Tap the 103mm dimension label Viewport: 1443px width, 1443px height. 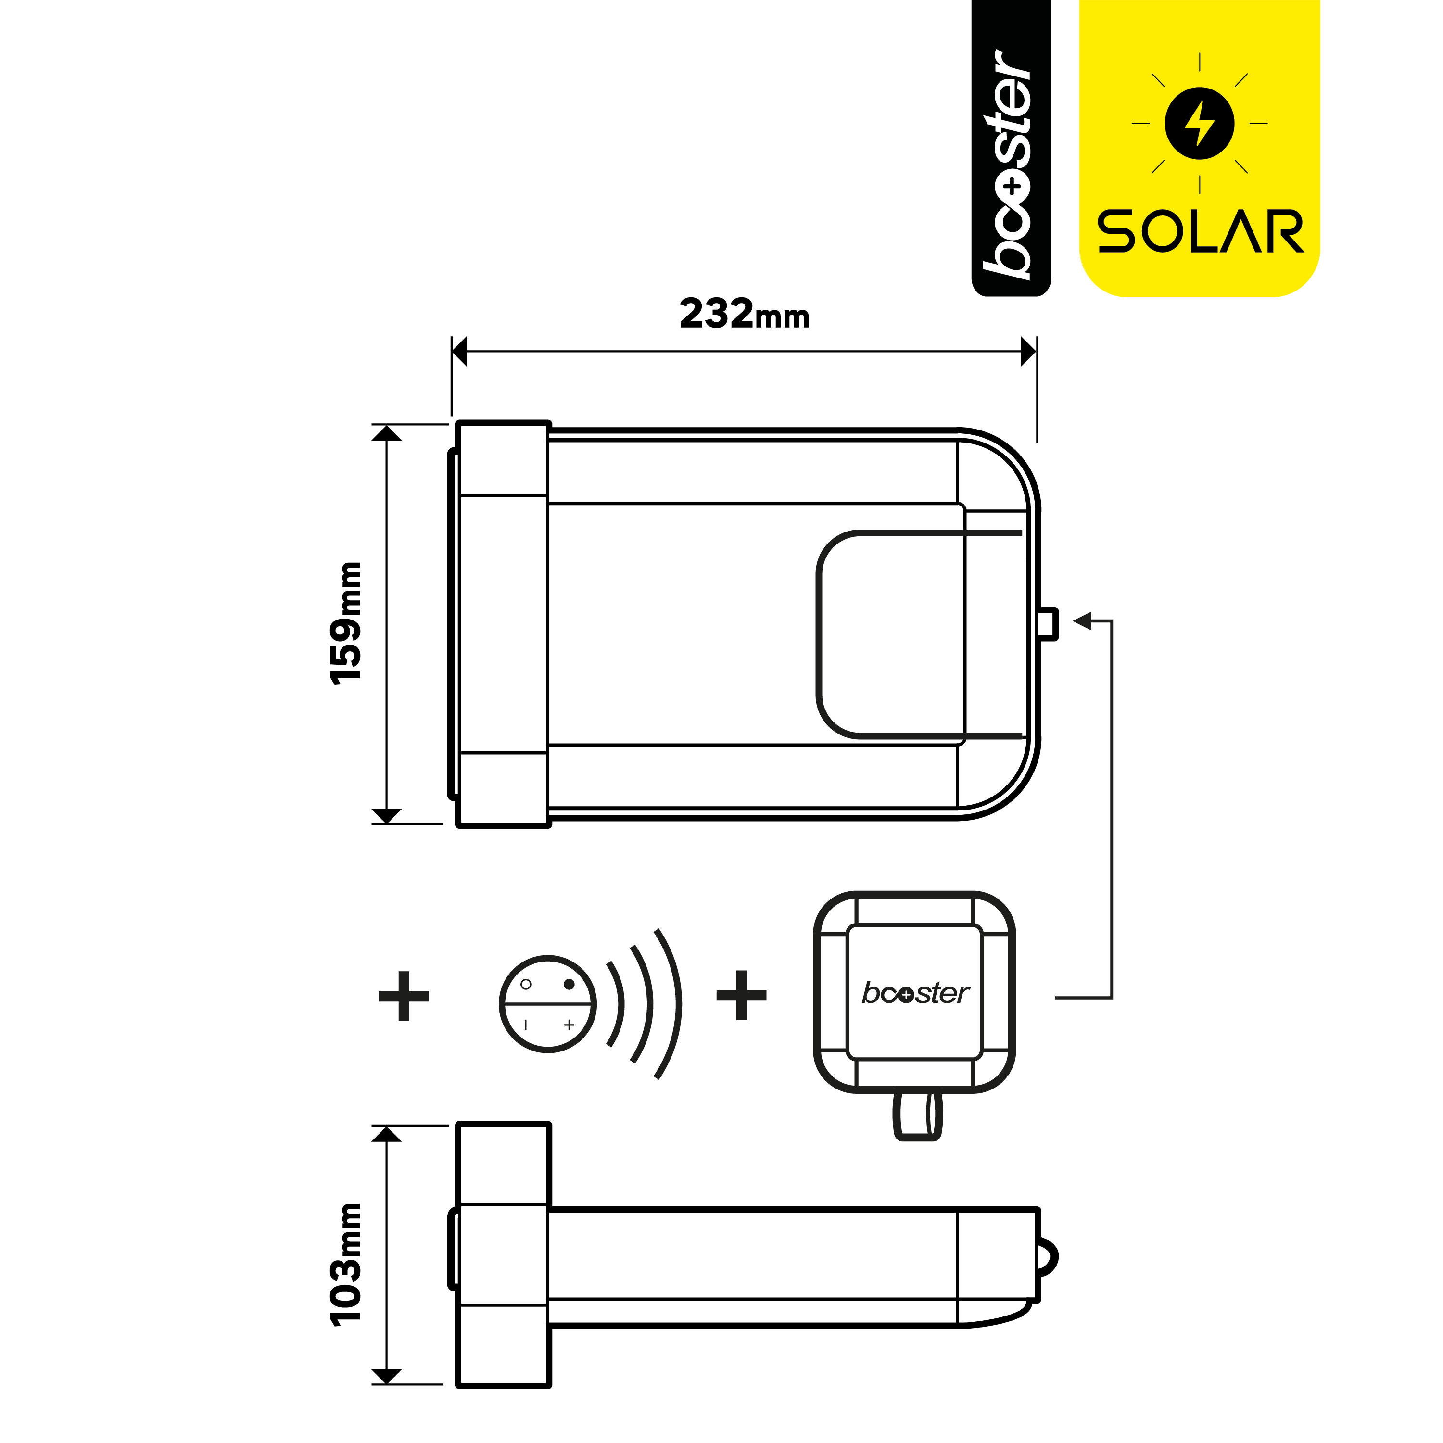coord(346,1265)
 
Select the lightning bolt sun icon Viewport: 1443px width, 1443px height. coord(1200,123)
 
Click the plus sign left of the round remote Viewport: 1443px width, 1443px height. coord(404,996)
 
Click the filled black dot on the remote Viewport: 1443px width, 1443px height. coord(569,984)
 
